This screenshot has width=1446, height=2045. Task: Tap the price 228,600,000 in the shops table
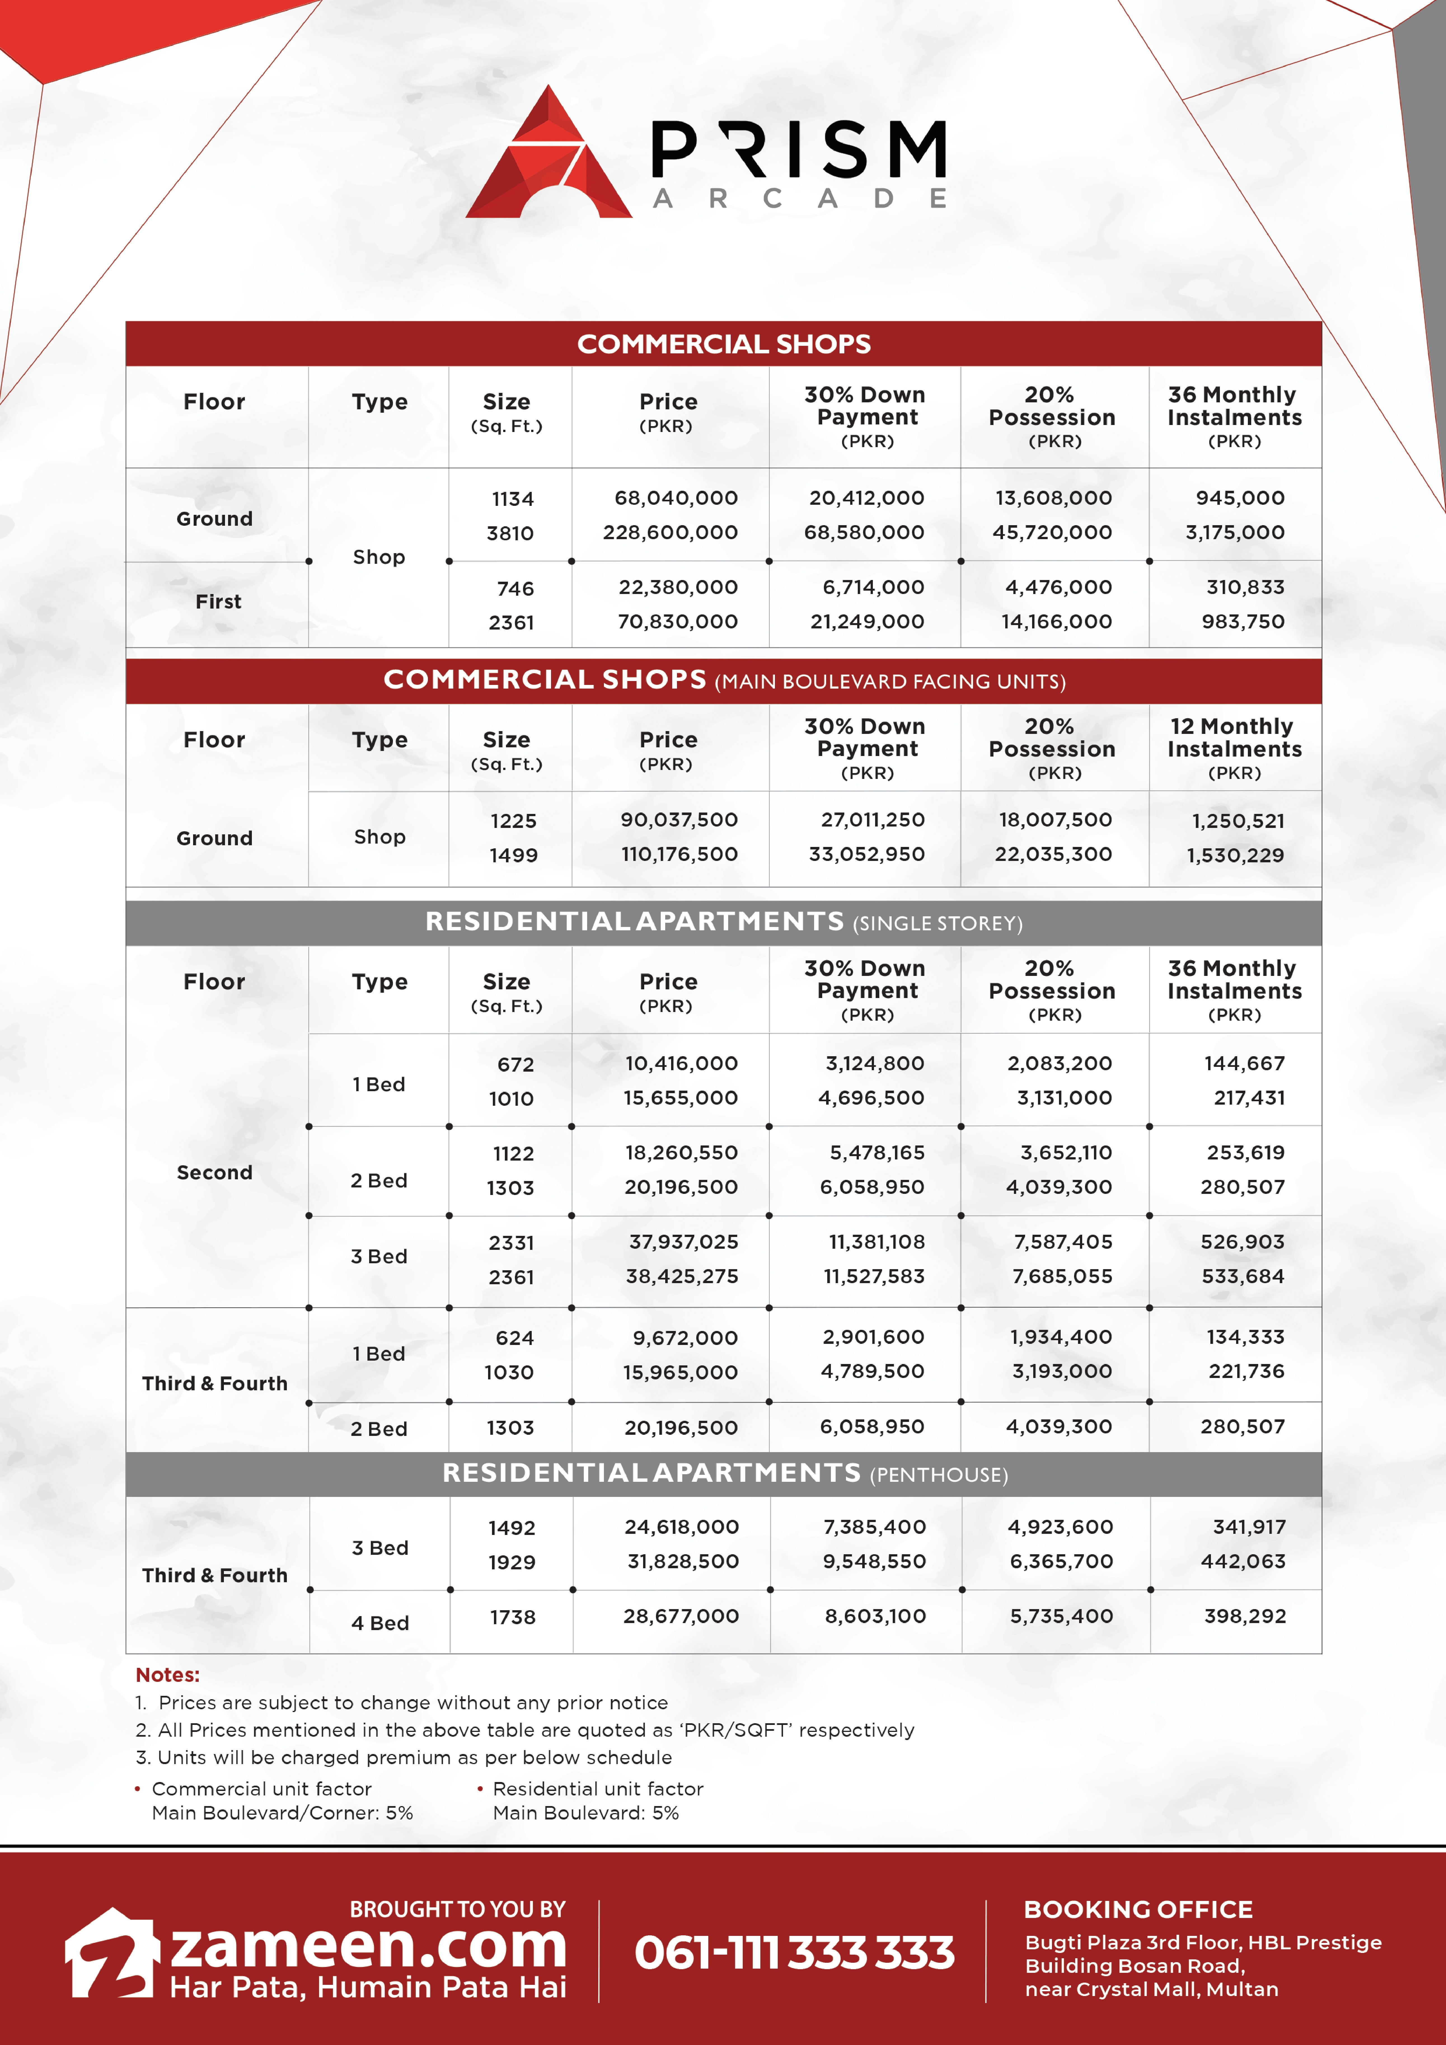(670, 533)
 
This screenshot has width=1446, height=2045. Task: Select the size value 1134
(512, 499)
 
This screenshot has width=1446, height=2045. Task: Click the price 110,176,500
(679, 854)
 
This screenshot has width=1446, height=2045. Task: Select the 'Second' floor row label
(215, 1172)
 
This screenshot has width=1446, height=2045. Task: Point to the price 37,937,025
(681, 1242)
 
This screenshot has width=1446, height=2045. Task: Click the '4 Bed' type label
(379, 1623)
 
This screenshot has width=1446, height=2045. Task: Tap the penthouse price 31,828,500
(683, 1561)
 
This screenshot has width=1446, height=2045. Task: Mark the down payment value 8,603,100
(875, 1616)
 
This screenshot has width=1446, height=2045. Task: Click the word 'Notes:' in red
(168, 1675)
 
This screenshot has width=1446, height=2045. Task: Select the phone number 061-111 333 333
(794, 1952)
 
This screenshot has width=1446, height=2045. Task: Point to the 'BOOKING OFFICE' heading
(1138, 1910)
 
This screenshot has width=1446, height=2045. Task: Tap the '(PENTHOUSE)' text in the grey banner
(938, 1475)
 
